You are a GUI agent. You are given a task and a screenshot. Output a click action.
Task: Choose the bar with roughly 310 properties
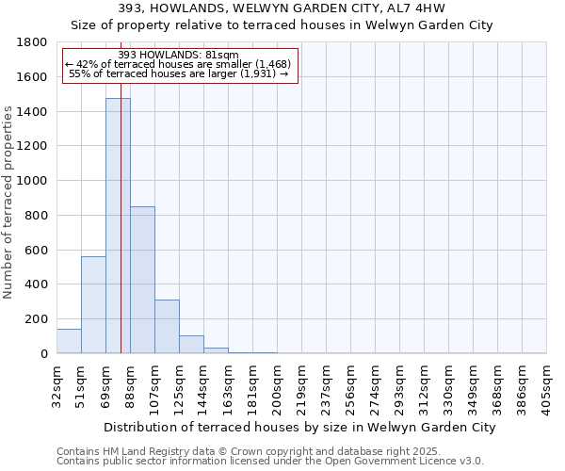point(167,326)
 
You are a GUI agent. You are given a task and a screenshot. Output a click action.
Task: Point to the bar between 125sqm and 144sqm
point(191,345)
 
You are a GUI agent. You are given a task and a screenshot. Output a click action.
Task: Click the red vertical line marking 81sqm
point(121,235)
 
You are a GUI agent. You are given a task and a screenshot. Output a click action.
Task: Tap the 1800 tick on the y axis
point(33,42)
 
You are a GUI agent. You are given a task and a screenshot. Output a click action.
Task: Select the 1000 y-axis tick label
point(33,181)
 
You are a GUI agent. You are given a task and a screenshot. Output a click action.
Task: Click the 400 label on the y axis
point(38,284)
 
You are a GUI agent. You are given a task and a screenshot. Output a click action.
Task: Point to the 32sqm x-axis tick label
point(57,382)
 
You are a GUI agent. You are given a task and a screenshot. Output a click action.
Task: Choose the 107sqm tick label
point(155,384)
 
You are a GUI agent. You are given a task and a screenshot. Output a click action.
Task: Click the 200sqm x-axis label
point(278,384)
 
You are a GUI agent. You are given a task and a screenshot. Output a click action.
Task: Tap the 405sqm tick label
point(547,384)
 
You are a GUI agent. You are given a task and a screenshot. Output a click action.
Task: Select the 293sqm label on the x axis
point(400,384)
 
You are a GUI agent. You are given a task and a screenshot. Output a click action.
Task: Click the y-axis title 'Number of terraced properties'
point(8,203)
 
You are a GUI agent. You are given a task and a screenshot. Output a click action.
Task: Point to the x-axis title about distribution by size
point(299,427)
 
